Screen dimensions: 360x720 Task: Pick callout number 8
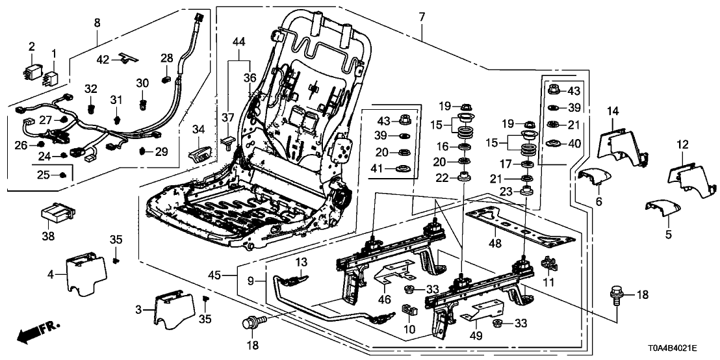pyautogui.click(x=97, y=23)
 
